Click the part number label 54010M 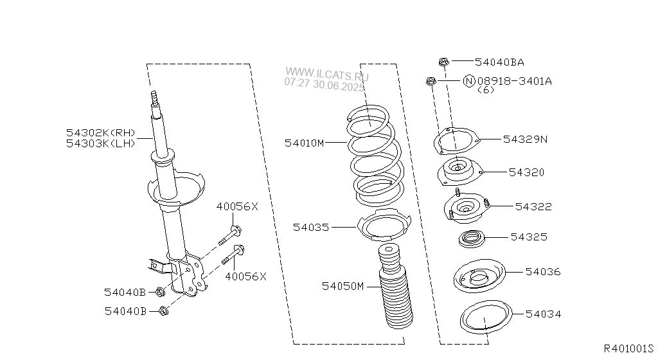point(304,143)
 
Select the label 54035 point(311,228)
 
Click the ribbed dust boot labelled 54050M point(395,286)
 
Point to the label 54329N point(526,139)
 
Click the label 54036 point(543,272)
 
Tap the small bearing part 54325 point(472,239)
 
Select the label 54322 point(533,206)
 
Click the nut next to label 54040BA point(444,62)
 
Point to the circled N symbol point(468,80)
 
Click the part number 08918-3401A point(515,80)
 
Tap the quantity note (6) point(486,90)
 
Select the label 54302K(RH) point(101,132)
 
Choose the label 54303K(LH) point(101,143)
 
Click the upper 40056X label point(237,206)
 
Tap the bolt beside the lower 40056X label point(233,255)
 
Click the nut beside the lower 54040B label point(164,311)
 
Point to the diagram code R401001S point(628,348)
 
